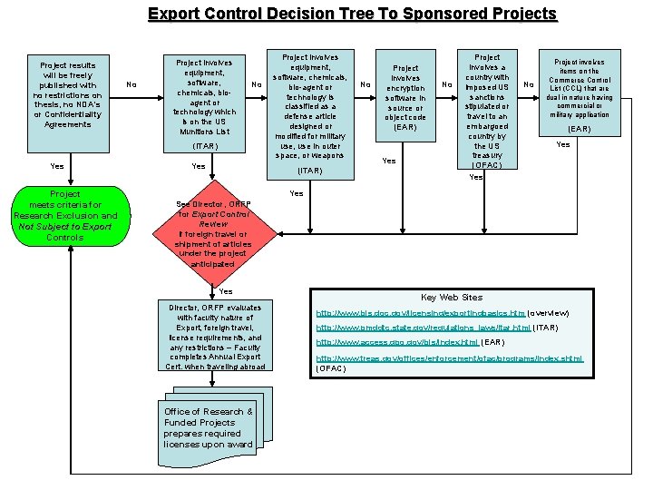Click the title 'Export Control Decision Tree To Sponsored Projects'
click(352, 14)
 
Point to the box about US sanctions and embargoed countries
click(488, 109)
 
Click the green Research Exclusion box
click(64, 216)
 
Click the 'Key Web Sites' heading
click(452, 297)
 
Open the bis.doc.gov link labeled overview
click(420, 312)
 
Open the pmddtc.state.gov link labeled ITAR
click(423, 328)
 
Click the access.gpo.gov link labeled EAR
click(396, 343)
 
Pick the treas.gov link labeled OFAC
click(449, 358)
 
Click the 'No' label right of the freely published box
click(132, 84)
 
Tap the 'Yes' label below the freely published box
click(57, 166)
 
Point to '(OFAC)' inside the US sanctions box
click(488, 165)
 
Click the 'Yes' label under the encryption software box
click(389, 161)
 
